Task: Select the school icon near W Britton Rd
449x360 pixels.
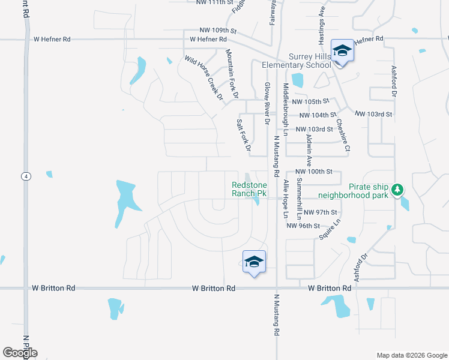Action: [x=254, y=262]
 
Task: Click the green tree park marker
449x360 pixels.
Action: [x=396, y=191]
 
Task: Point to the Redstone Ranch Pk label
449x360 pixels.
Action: [x=249, y=190]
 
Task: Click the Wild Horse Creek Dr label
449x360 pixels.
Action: [x=204, y=78]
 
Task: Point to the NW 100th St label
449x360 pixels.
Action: [x=314, y=172]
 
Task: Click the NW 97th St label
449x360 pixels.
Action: [x=321, y=212]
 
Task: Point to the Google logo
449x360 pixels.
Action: [x=20, y=352]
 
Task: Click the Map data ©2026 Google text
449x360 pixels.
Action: [x=411, y=355]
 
